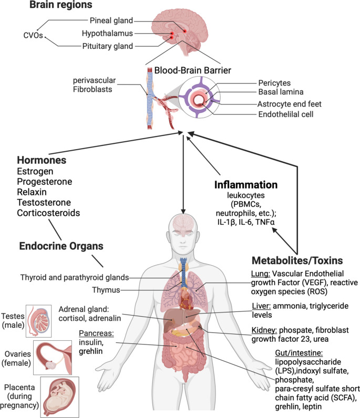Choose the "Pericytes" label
point(274,83)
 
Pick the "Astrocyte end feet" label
point(290,104)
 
